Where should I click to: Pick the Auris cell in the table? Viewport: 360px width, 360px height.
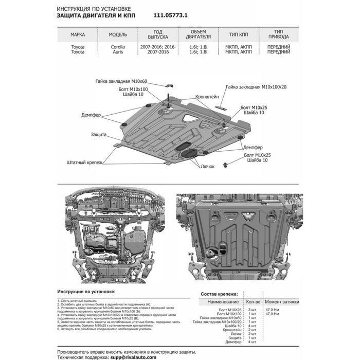pos(119,52)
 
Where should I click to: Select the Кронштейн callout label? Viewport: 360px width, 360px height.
pos(207,96)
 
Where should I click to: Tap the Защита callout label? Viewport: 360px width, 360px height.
pos(99,134)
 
